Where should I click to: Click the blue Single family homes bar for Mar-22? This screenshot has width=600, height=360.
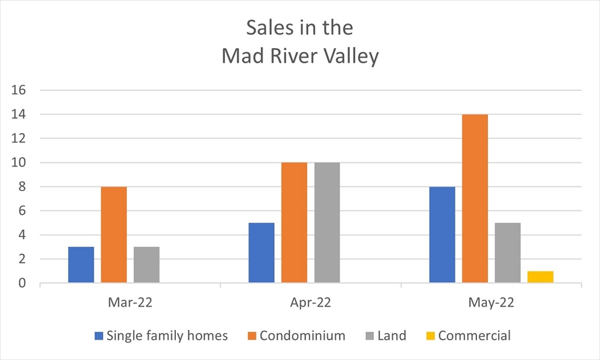(81, 265)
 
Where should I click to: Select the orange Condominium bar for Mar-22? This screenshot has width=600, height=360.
(114, 235)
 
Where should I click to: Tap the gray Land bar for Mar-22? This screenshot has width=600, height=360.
(146, 265)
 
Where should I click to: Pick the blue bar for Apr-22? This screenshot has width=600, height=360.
(261, 253)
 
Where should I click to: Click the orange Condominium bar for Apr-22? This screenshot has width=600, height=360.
(294, 223)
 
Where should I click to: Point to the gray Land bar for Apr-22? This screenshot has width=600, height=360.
(327, 223)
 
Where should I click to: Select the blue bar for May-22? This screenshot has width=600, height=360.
(442, 235)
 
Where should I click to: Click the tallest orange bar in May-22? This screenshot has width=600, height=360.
(475, 199)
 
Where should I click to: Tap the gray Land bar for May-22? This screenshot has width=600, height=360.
(507, 253)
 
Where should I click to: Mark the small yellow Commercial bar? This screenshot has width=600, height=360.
(540, 277)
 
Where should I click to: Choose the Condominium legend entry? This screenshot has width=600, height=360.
(302, 336)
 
